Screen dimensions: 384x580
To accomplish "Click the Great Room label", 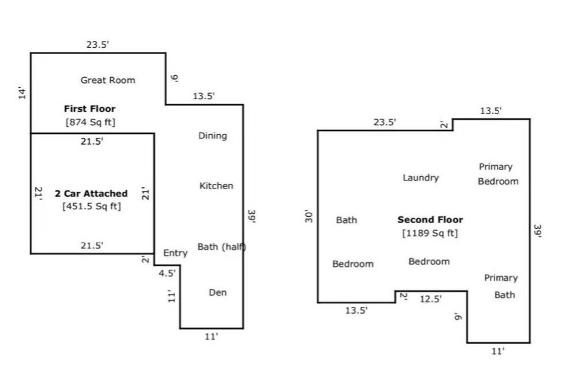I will click(108, 80).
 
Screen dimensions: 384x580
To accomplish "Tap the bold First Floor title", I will click(89, 108).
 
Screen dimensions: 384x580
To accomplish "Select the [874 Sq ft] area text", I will click(91, 122).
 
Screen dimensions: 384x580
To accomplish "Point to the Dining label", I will click(213, 136).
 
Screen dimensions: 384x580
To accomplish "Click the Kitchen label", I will click(216, 186).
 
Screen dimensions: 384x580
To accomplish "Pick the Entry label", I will click(175, 253).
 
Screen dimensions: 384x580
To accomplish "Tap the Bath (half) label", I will click(222, 247).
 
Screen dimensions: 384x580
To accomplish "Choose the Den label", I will click(217, 292).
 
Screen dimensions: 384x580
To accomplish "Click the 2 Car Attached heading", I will click(91, 193).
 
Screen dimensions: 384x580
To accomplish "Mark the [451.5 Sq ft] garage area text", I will click(92, 206).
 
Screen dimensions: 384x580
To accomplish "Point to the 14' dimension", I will click(22, 93).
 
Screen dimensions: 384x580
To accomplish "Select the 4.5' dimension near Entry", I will click(167, 273).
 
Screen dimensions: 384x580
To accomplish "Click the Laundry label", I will click(420, 178).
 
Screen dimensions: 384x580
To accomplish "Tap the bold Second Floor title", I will click(430, 220).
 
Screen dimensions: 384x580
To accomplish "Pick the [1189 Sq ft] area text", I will click(430, 233).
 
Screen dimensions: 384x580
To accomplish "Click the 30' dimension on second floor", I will click(308, 217).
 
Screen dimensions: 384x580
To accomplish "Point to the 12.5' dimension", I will click(431, 299).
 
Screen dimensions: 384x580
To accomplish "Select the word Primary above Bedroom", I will click(496, 167).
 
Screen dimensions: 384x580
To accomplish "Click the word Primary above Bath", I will click(500, 278).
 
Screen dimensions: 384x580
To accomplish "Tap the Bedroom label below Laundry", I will click(429, 262).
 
